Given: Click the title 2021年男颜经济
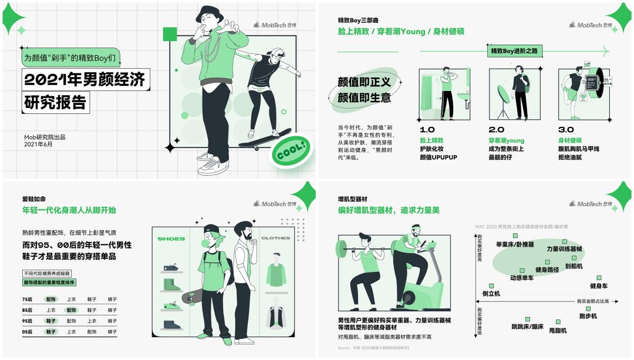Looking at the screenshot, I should tap(84, 79).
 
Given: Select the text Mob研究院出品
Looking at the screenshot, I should tap(45, 137).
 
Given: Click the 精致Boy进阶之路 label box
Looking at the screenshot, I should tap(514, 51).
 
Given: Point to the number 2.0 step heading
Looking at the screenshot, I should tap(497, 130).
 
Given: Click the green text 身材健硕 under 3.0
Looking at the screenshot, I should tap(570, 140).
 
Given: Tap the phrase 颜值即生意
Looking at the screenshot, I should tap(364, 97).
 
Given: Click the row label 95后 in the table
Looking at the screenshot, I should tap(27, 321).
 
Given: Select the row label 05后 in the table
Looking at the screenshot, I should tap(27, 332).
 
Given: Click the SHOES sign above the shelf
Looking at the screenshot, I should tap(171, 238).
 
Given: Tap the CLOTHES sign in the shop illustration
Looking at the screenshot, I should tap(275, 238).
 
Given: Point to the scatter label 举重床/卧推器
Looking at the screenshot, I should tap(515, 244).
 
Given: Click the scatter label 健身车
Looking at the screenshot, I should tap(598, 286).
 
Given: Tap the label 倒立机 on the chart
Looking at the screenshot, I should tap(491, 293).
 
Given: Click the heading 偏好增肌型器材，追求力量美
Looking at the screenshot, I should tap(388, 210).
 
